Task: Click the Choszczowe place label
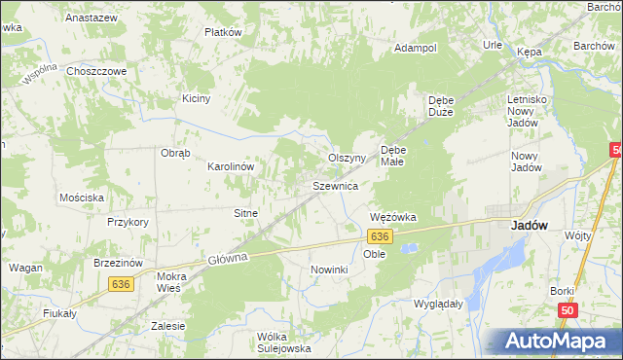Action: click(x=96, y=71)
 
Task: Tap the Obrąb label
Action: click(x=175, y=153)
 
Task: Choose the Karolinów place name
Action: click(x=231, y=166)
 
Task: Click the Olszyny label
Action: click(x=346, y=158)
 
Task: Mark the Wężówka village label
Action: click(x=393, y=217)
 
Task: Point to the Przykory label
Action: click(x=128, y=222)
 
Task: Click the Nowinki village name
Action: click(x=329, y=269)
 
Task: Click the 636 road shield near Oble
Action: click(x=380, y=236)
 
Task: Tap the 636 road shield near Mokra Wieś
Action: click(x=121, y=284)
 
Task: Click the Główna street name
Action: click(x=229, y=258)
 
